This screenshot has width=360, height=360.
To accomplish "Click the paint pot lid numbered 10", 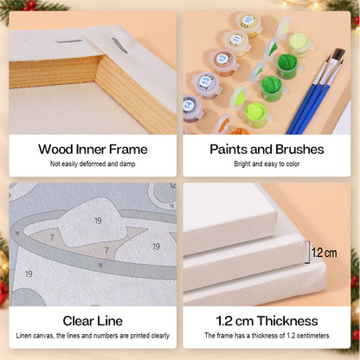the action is coord(247,21).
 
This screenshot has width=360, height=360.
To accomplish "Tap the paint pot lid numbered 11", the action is coord(236,39).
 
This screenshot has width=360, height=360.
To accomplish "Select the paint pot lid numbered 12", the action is coord(222,58).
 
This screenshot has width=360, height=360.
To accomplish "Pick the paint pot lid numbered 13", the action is coord(205,80).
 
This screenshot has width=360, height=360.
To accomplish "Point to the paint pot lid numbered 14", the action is coord(189,105).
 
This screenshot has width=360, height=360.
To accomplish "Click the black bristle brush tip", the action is coord(338,55).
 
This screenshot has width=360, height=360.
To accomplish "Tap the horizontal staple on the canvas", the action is coord(69,42).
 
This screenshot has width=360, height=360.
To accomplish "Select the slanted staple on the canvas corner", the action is coord(119,45).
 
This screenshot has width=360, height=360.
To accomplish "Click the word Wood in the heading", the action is coord(55,150).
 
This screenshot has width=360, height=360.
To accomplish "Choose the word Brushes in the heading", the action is coord(299,150).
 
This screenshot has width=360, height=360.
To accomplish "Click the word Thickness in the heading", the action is coord(287,321).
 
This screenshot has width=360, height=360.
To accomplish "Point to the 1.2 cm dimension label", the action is coord(325,253).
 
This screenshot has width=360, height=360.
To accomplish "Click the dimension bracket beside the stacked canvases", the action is coord(308,252).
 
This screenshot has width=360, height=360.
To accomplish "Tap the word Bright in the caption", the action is coord(242,164).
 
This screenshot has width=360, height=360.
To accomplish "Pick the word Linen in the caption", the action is coord(23,336).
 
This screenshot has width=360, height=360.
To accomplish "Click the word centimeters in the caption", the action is coord(312,336).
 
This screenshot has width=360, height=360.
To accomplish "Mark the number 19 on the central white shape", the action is coord(98,221).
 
